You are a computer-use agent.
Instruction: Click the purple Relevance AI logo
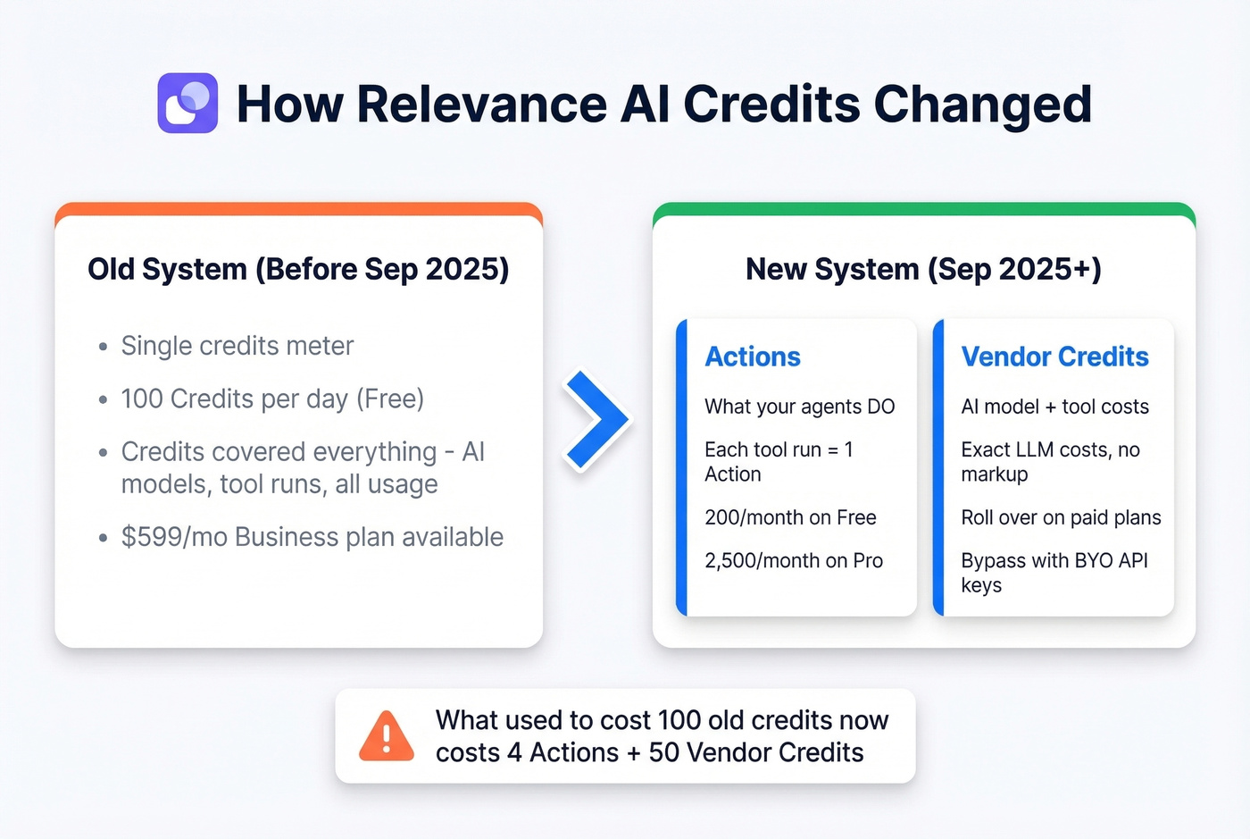[x=187, y=103]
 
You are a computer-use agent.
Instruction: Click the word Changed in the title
[x=983, y=105]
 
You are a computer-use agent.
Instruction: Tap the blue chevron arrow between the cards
[x=596, y=420]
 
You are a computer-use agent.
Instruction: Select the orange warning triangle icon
[x=386, y=735]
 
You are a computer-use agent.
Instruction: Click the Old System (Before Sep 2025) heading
[x=298, y=269]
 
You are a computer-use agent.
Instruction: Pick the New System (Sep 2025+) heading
[x=923, y=269]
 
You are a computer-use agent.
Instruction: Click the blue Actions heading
[x=752, y=357]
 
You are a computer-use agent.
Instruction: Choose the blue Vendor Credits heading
[x=1054, y=357]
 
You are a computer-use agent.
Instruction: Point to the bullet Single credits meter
[x=237, y=346]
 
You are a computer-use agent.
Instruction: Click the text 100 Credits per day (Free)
[x=272, y=399]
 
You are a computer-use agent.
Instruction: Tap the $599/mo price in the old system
[x=174, y=537]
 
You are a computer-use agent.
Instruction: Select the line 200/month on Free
[x=790, y=518]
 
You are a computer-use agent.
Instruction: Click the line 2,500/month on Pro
[x=794, y=561]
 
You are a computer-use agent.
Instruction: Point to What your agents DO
[x=800, y=407]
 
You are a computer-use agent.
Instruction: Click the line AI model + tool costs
[x=1054, y=407]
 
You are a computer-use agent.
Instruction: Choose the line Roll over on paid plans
[x=1061, y=518]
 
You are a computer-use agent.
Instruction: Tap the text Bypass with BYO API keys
[x=1054, y=573]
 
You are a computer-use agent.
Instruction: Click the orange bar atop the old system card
[x=298, y=210]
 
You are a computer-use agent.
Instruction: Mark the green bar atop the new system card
[x=923, y=210]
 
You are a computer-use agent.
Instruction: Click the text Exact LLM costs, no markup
[x=1050, y=462]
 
